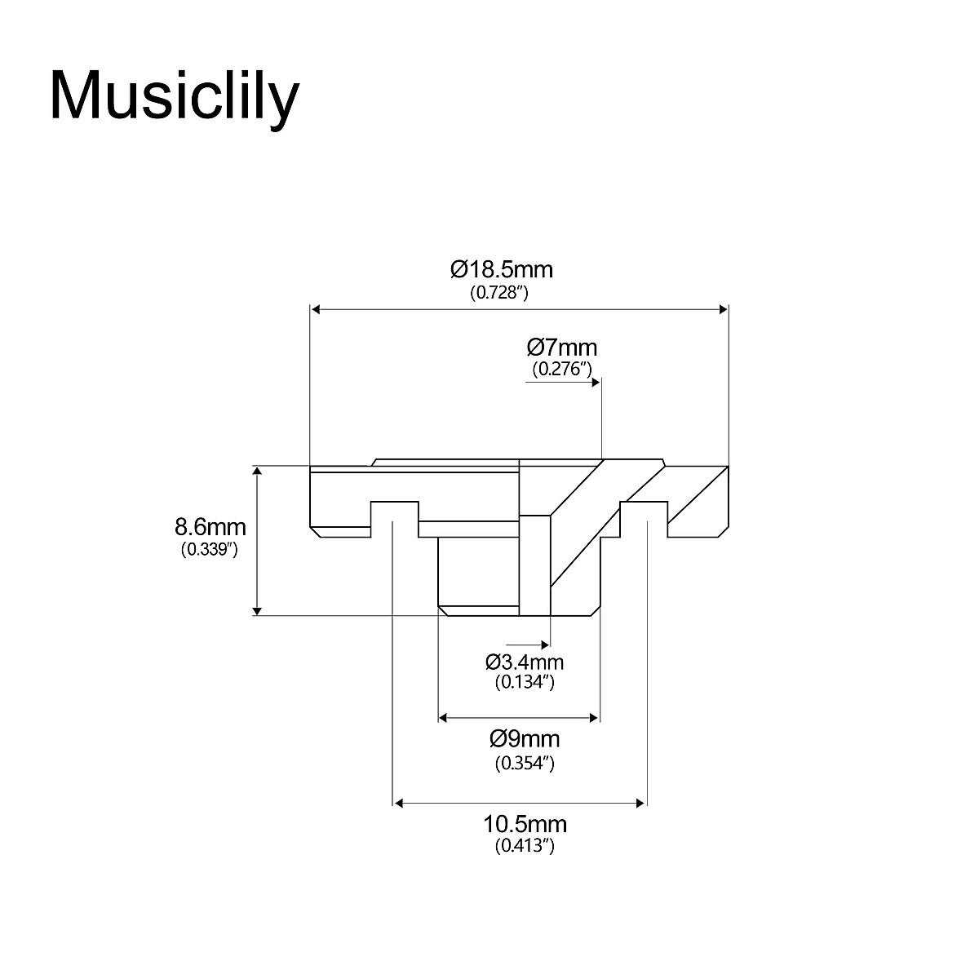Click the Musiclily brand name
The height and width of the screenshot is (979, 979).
click(x=175, y=96)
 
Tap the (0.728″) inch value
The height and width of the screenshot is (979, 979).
click(x=499, y=292)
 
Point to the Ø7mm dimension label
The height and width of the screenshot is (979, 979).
click(x=561, y=348)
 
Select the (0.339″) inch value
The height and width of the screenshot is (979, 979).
click(x=209, y=549)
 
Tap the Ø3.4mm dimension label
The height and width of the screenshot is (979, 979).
click(x=524, y=662)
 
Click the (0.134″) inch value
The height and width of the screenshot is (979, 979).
click(x=525, y=683)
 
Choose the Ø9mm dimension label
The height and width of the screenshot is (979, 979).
click(x=525, y=739)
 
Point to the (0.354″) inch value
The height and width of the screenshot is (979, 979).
click(x=525, y=764)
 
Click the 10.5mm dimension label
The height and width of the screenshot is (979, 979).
click(x=525, y=824)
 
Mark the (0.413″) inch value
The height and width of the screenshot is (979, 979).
click(x=525, y=847)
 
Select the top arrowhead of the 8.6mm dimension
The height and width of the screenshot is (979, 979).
click(x=258, y=472)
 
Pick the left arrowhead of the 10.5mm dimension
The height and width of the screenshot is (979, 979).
click(x=400, y=804)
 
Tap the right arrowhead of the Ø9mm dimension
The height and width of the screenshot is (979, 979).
click(x=595, y=718)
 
